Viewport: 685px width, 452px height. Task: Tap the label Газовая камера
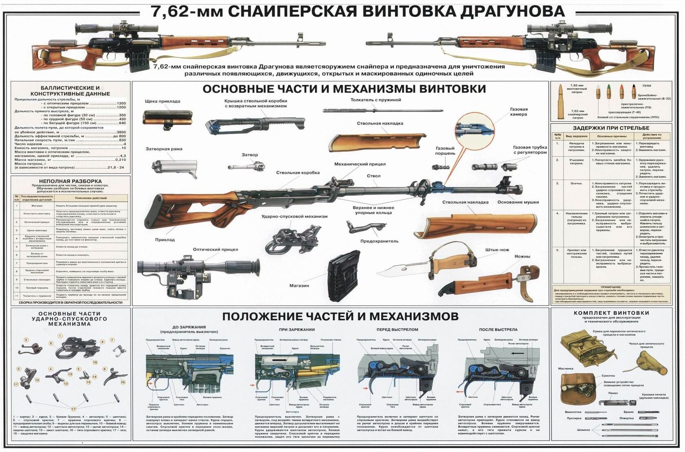tap(519, 112)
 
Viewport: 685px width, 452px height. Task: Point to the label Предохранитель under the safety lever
tap(379, 241)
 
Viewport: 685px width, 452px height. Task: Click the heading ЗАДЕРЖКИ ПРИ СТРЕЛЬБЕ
tap(610, 128)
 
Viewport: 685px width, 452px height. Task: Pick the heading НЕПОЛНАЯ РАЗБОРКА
tap(70, 181)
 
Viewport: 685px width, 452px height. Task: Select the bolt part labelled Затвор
tap(247, 166)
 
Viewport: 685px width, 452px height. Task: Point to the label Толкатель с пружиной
tap(376, 100)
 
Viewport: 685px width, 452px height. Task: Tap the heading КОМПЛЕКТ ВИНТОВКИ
tap(611, 313)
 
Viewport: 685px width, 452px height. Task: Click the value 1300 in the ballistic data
tap(121, 103)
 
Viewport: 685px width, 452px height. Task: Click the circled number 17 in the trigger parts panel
tap(73, 408)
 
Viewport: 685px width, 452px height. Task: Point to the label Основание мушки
tap(518, 202)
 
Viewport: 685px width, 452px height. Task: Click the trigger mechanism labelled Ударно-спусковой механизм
tap(292, 240)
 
